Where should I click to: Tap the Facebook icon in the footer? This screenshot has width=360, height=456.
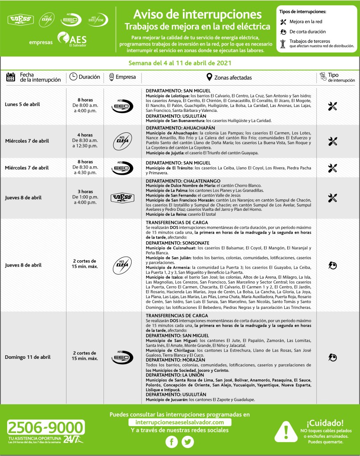pyautogui.click(x=172, y=442)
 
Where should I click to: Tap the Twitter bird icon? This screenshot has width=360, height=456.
pyautogui.click(x=188, y=442)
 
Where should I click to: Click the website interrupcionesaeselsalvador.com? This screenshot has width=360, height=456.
pyautogui.click(x=180, y=422)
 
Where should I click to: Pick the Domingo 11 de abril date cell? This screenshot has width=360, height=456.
pyautogui.click(x=28, y=357)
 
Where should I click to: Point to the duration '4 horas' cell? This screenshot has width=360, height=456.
pyautogui.click(x=85, y=135)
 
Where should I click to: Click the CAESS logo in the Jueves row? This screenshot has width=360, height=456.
pyautogui.click(x=122, y=198)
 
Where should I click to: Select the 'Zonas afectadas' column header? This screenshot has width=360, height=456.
pyautogui.click(x=228, y=78)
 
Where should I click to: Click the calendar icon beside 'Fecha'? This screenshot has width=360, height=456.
pyautogui.click(x=11, y=77)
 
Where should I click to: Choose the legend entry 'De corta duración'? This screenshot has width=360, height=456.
pyautogui.click(x=307, y=32)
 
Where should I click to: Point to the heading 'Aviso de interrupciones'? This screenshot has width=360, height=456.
pyautogui.click(x=197, y=14)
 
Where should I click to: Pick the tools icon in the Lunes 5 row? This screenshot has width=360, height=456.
pyautogui.click(x=332, y=106)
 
